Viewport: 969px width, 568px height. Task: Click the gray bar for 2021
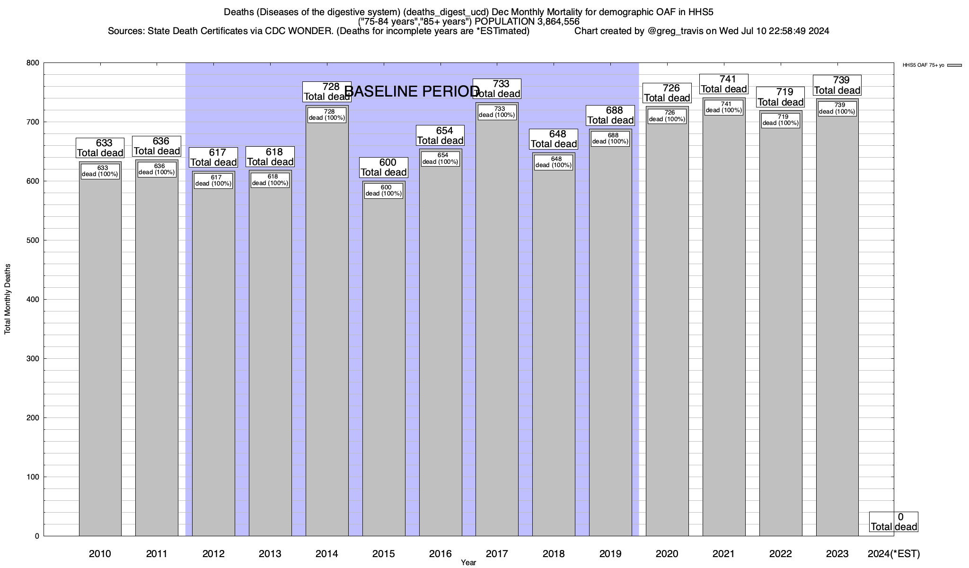tap(724, 331)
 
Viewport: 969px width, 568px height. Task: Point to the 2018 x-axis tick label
tap(554, 554)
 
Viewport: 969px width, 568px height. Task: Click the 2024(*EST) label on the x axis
tap(894, 554)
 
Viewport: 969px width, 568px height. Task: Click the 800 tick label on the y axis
tap(33, 63)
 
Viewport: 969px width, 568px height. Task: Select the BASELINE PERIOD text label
tap(412, 91)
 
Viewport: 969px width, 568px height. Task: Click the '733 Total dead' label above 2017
tap(497, 89)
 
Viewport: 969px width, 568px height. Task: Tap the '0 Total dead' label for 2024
tap(894, 522)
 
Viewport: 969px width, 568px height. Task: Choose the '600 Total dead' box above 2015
tap(384, 168)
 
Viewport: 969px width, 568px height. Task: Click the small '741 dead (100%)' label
tap(724, 107)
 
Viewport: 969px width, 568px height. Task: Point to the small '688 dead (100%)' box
tap(610, 139)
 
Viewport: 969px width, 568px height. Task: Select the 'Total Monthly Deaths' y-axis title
tap(8, 299)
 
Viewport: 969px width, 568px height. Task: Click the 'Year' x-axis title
tap(468, 563)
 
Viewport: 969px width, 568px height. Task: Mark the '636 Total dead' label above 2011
tap(157, 146)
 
